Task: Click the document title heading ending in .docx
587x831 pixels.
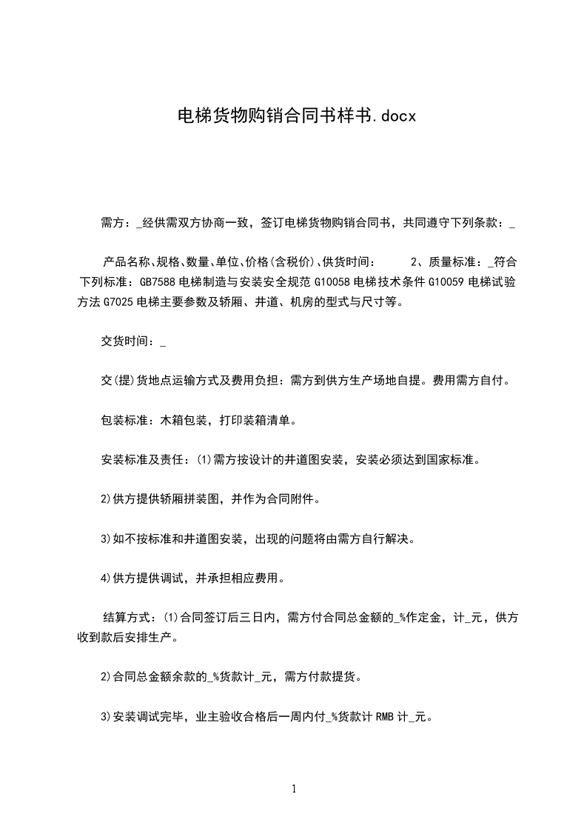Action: pos(293,116)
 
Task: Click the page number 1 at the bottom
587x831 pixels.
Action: pos(294,789)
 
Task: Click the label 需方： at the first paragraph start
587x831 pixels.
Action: pos(116,222)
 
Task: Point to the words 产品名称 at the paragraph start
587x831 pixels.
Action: pos(127,261)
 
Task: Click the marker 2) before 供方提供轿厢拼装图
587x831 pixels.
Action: pos(105,498)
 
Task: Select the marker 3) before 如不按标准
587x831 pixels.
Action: pos(105,538)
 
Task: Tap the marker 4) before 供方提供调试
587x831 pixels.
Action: pos(105,577)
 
